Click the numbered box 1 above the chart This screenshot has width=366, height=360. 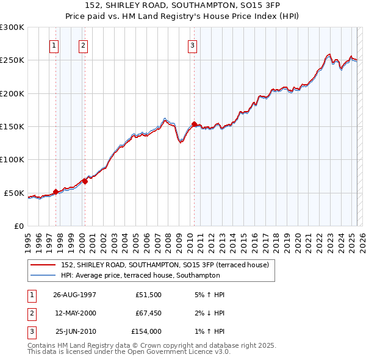point(54,45)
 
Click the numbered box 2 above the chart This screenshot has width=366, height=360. point(83,45)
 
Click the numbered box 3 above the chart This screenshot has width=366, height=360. point(192,45)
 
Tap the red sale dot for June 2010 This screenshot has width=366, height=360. point(194,124)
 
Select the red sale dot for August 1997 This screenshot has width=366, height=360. point(56,192)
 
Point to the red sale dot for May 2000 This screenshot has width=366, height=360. point(85,181)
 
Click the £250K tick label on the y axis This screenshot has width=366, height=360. point(12,60)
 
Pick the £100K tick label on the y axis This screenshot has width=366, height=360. point(12,160)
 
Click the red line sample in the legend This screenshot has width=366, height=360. point(43,265)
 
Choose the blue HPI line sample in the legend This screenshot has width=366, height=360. point(43,276)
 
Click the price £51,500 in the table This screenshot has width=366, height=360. point(148,294)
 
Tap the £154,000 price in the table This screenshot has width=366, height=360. point(146,332)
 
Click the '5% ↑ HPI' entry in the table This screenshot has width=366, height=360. point(209,294)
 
